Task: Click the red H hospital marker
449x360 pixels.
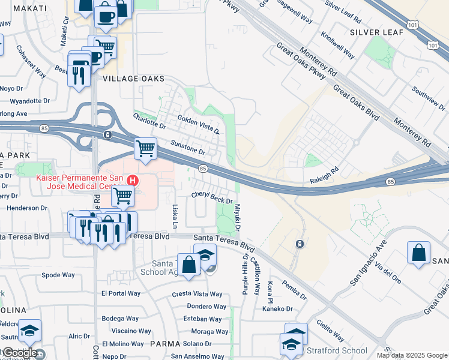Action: (x=133, y=179)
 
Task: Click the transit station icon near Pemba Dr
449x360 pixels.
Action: (x=299, y=244)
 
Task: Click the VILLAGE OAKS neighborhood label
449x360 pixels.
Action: (x=133, y=79)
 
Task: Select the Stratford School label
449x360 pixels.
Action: (x=337, y=350)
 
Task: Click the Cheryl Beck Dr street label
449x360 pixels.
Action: (x=212, y=197)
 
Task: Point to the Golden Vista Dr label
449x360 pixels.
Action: (x=198, y=125)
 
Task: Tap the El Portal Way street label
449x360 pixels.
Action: (x=121, y=293)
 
